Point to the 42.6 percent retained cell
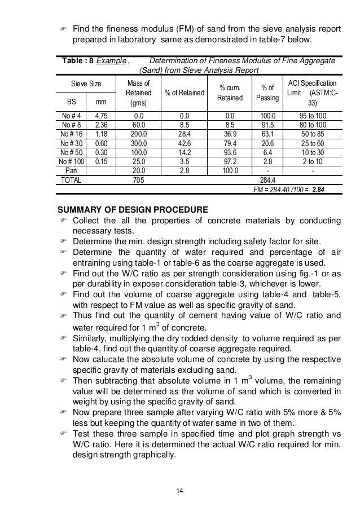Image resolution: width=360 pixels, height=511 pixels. pos(183,143)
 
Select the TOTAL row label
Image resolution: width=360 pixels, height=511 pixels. pos(71,180)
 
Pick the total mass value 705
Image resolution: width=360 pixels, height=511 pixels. pos(135,180)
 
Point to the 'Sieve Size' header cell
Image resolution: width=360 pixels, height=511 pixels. pos(86,83)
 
